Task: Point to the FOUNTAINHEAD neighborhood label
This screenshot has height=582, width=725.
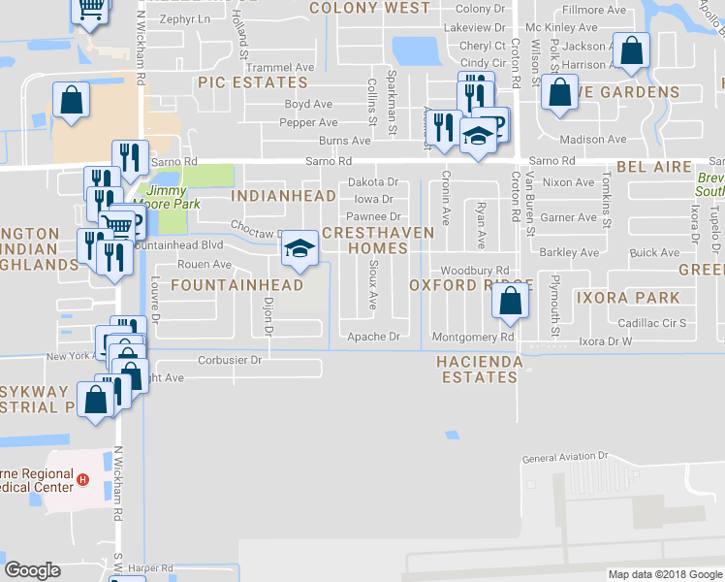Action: (236, 285)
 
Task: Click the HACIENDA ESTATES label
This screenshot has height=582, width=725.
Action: (480, 370)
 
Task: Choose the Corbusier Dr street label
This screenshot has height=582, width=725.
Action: (230, 360)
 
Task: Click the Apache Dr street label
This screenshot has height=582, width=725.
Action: (373, 337)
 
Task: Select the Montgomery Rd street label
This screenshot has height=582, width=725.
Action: (472, 337)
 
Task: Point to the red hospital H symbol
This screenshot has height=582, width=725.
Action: (83, 480)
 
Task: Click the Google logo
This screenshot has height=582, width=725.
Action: (32, 570)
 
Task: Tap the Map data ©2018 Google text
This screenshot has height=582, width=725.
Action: (664, 574)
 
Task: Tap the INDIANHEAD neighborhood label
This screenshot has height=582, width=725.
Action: (284, 196)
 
